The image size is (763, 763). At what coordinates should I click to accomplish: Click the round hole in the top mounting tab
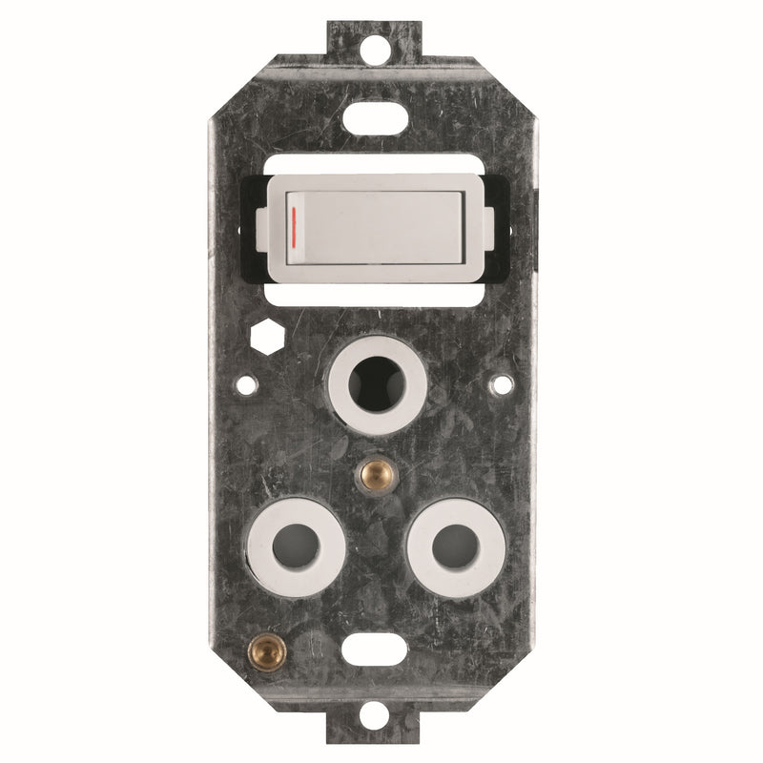click(x=381, y=43)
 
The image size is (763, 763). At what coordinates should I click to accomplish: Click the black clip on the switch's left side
click(x=263, y=217)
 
